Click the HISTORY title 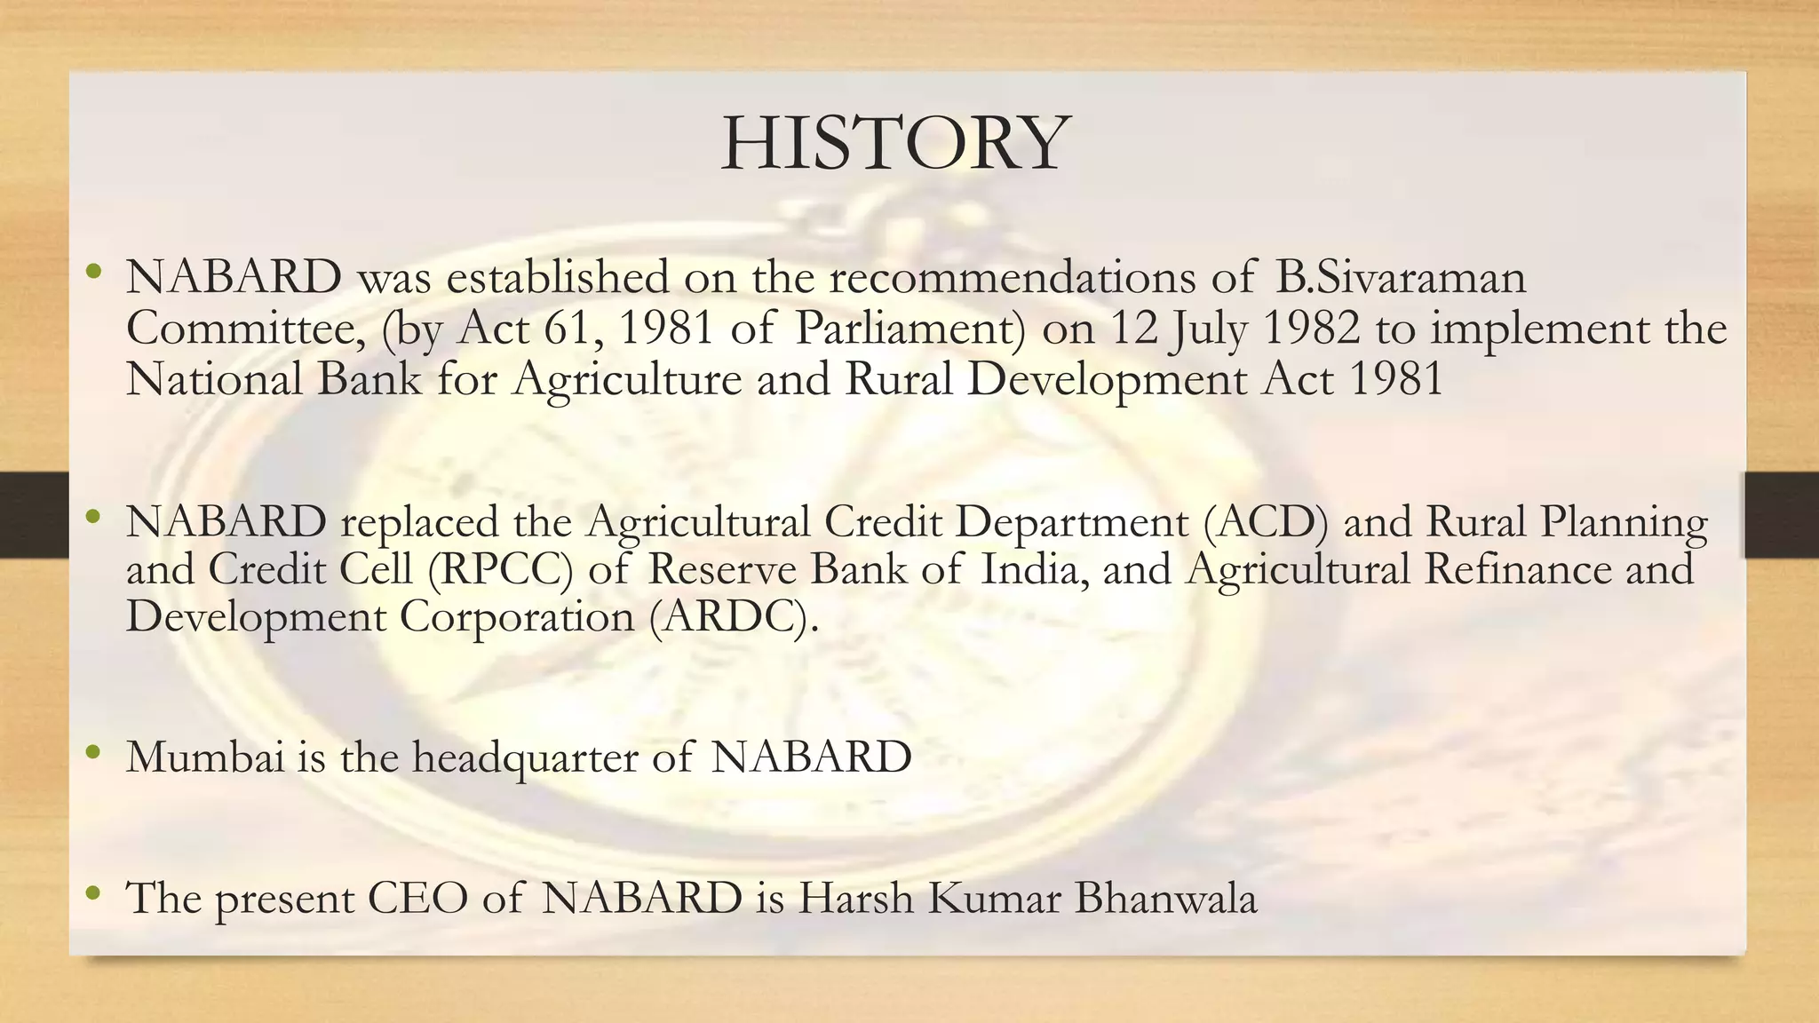click(895, 144)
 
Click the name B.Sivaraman click(1401, 277)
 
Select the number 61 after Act click(565, 329)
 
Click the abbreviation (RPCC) click(500, 570)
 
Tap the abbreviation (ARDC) click(731, 618)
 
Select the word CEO click(417, 898)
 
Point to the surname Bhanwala click(1166, 898)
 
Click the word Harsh click(855, 898)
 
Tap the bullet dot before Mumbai click(93, 753)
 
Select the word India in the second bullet click(1034, 570)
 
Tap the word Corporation click(516, 618)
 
